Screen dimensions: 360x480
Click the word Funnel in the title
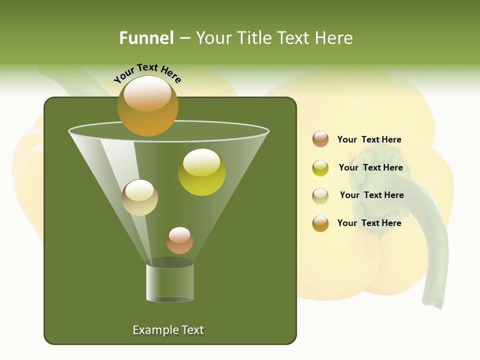(146, 38)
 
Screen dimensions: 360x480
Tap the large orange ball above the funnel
(148, 106)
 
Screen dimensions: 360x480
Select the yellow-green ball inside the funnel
(201, 172)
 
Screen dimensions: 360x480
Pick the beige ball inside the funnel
(139, 197)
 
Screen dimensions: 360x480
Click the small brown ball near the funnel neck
(179, 240)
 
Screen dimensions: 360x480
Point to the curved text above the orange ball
(147, 73)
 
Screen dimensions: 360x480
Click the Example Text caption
(168, 330)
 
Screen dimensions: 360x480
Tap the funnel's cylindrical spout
(170, 282)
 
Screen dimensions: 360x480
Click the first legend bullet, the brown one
(320, 139)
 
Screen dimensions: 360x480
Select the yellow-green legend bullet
(320, 168)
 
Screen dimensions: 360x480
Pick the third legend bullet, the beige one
(320, 196)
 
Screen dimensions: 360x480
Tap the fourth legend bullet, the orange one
(320, 223)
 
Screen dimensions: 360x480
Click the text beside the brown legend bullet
(369, 140)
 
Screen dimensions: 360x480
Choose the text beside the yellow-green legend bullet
(370, 168)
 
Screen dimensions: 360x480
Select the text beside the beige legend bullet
(371, 195)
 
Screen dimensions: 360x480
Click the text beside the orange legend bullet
(369, 223)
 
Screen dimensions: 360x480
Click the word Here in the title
(334, 38)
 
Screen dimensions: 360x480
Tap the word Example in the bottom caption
(153, 330)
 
